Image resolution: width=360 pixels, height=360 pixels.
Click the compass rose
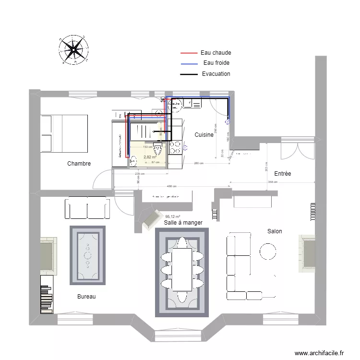73,49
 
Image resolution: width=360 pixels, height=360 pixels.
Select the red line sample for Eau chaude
189,53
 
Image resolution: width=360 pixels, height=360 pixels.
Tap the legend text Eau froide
216,63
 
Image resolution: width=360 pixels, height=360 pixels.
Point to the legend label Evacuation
216,74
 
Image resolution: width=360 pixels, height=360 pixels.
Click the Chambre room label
79,164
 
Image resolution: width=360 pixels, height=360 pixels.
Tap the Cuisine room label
204,135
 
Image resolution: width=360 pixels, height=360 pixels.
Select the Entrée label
283,173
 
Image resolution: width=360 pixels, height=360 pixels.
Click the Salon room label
275,231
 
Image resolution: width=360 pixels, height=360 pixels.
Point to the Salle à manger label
183,223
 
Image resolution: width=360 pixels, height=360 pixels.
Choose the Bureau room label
86,297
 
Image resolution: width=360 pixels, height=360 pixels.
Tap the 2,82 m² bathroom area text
150,157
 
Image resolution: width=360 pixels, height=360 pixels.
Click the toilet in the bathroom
157,147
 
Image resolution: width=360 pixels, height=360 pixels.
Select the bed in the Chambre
64,132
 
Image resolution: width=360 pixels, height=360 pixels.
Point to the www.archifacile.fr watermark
319,353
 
